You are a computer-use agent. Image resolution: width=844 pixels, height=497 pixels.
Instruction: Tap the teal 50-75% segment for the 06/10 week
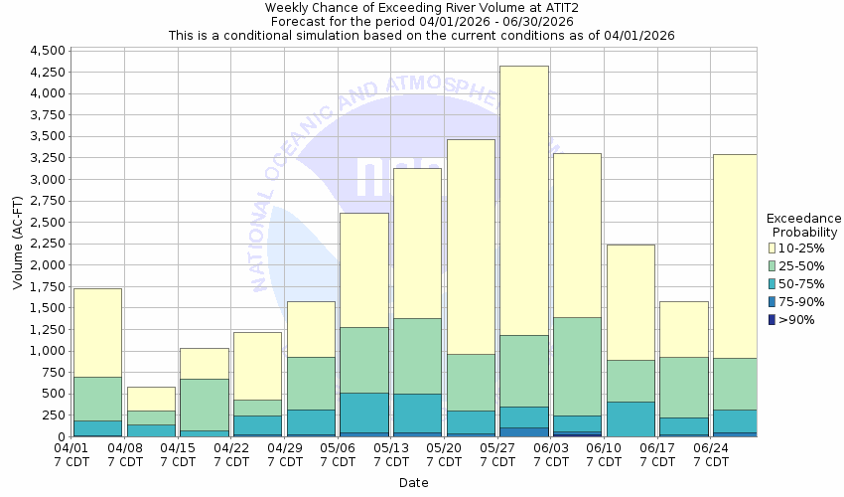(631, 418)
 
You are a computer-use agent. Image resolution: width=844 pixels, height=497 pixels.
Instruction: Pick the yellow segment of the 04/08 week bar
(151, 399)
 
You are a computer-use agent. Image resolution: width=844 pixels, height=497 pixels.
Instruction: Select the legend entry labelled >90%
(798, 319)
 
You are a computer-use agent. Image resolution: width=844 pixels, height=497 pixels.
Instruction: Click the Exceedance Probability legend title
(804, 225)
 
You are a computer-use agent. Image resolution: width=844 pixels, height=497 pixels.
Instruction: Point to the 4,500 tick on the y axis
(47, 51)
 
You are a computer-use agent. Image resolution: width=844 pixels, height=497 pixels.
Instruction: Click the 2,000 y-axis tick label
(47, 265)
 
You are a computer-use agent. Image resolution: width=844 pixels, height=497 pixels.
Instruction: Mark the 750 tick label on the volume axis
(53, 373)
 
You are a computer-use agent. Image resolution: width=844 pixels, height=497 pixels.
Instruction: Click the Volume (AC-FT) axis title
(17, 244)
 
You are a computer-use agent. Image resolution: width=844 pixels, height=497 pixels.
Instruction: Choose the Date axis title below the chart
(413, 483)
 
